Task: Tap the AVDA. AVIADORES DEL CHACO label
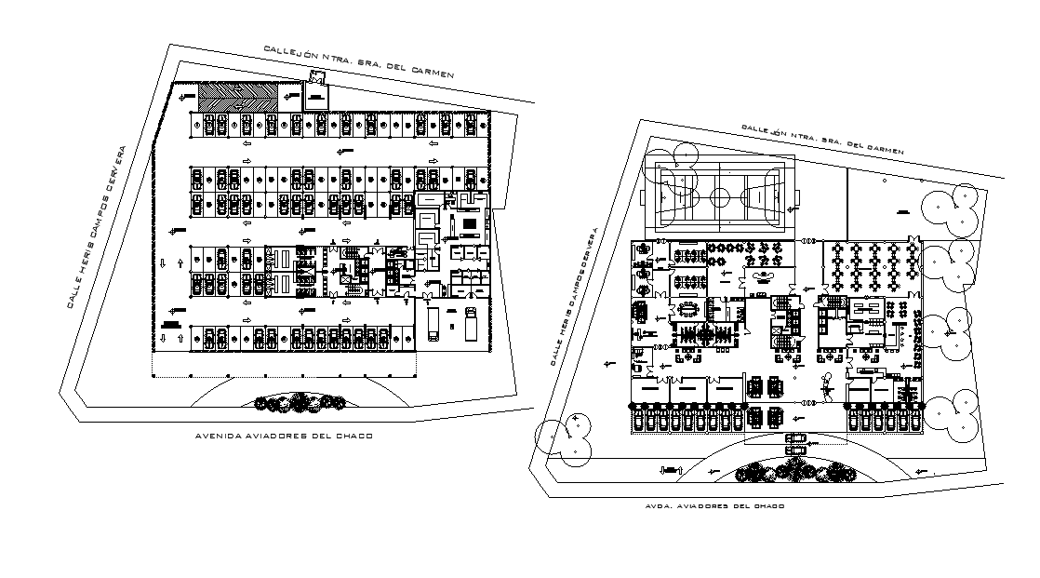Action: (714, 506)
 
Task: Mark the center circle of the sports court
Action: (720, 196)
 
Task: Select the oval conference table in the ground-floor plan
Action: (688, 306)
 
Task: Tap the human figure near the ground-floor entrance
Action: (825, 382)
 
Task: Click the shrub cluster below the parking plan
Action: (298, 402)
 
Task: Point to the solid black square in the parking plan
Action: (170, 323)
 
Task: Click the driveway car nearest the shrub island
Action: (795, 450)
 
